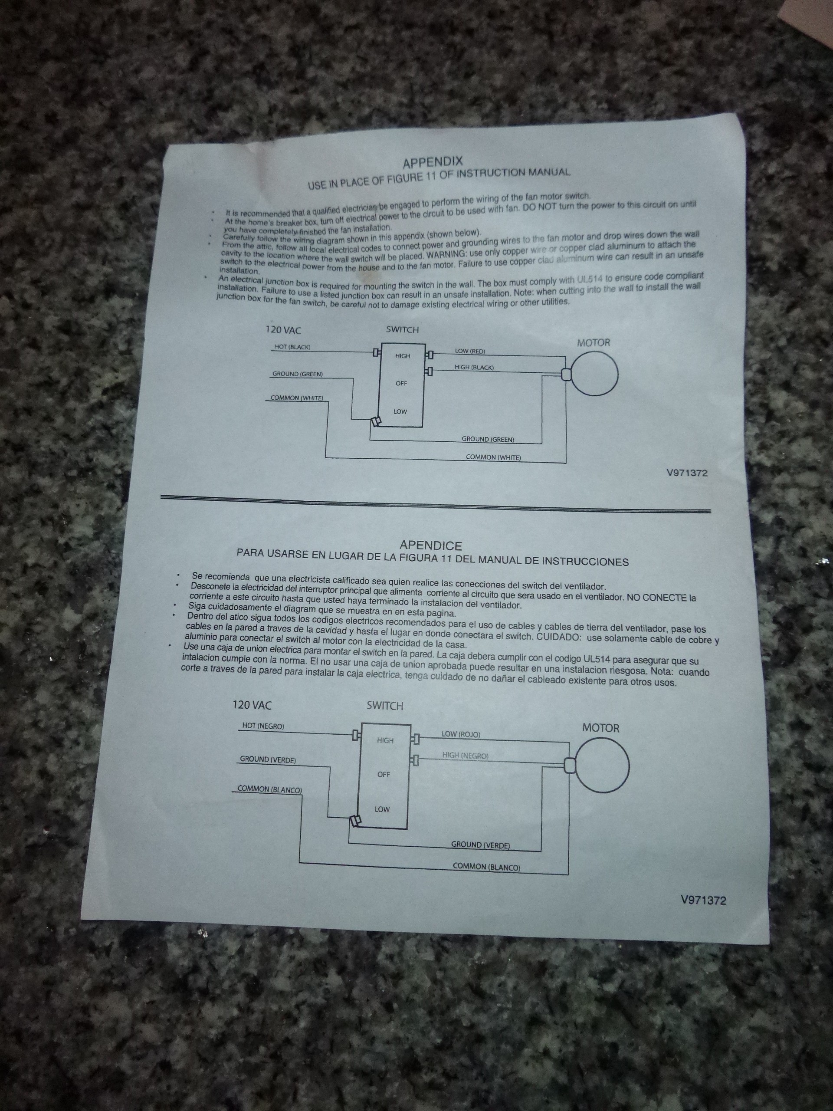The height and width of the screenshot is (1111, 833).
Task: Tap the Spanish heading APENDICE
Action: pyautogui.click(x=430, y=545)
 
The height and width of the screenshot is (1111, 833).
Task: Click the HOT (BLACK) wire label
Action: pyautogui.click(x=293, y=347)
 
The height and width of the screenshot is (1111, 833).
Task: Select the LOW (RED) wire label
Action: pyautogui.click(x=470, y=351)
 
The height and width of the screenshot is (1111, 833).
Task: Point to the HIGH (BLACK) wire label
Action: pyautogui.click(x=474, y=367)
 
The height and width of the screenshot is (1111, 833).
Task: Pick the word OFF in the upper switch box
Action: pyautogui.click(x=401, y=383)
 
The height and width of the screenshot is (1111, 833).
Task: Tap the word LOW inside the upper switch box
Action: pyautogui.click(x=400, y=411)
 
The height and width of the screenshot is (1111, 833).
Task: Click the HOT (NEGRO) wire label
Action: pyautogui.click(x=263, y=726)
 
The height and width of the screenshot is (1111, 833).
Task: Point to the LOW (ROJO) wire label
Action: pyautogui.click(x=460, y=734)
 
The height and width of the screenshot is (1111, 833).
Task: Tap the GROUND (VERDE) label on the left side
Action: pyautogui.click(x=268, y=760)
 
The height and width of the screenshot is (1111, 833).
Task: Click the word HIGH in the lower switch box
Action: pyautogui.click(x=385, y=740)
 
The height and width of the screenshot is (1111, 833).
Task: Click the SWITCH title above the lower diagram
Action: pyautogui.click(x=385, y=706)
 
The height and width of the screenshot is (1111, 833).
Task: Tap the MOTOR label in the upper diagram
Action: pyautogui.click(x=594, y=342)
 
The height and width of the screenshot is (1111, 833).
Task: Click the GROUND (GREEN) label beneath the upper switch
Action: pyautogui.click(x=488, y=439)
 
